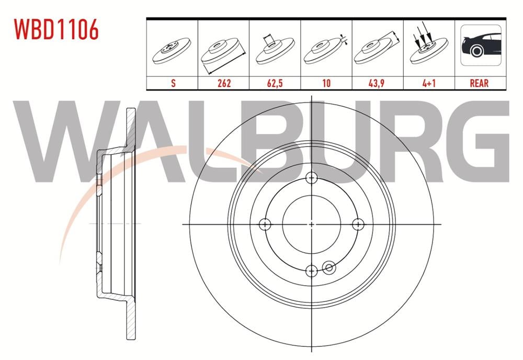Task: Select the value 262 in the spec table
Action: click(223, 83)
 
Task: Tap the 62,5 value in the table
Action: click(275, 83)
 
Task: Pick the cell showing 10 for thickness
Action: click(326, 83)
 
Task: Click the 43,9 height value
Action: click(377, 83)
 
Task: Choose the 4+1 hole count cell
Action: click(428, 83)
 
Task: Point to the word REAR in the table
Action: click(479, 83)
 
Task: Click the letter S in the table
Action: click(173, 83)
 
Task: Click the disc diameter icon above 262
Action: click(223, 52)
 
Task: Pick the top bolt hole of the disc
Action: click(312, 178)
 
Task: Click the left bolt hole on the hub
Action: click(266, 224)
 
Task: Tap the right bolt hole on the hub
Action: click(358, 224)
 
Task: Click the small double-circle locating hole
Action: click(329, 268)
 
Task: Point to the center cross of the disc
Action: click(312, 224)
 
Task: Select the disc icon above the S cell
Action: click(173, 51)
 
